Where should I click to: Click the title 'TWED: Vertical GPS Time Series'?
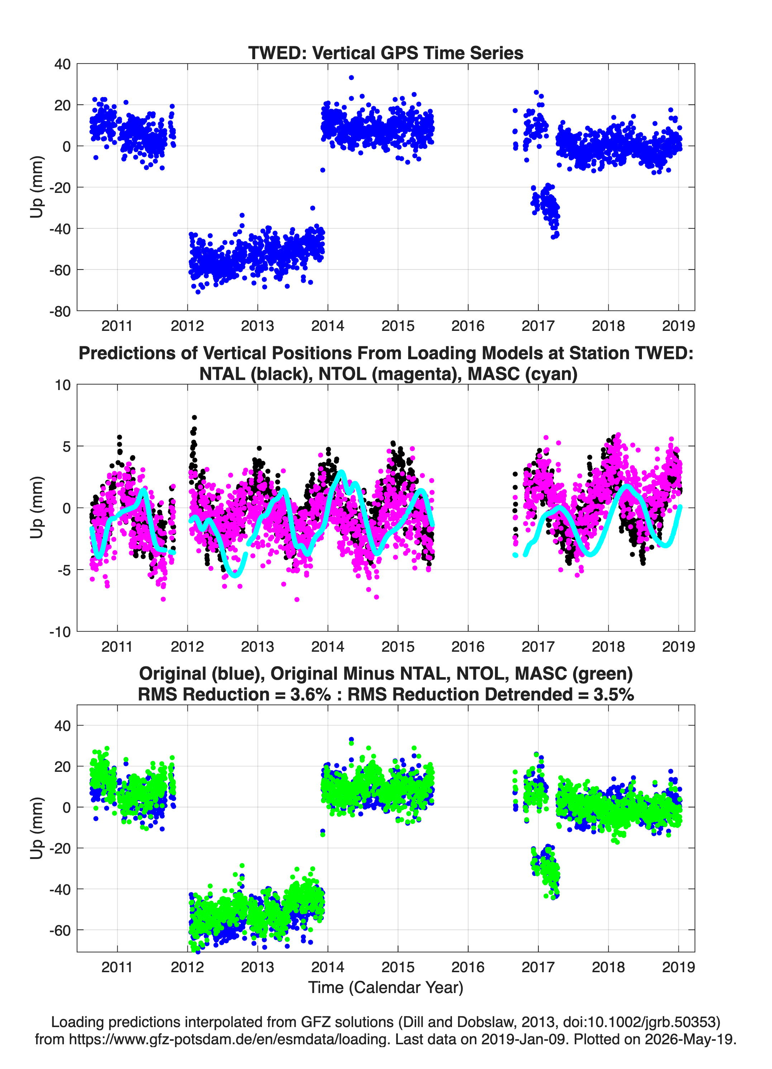pyautogui.click(x=386, y=53)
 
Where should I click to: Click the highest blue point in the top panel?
pyautogui.click(x=351, y=78)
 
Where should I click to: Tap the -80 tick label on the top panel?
pyautogui.click(x=60, y=311)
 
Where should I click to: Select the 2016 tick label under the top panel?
pyautogui.click(x=468, y=326)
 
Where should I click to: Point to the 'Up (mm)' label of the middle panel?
pyautogui.click(x=37, y=508)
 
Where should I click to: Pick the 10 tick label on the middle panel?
pyautogui.click(x=63, y=385)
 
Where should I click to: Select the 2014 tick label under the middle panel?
pyautogui.click(x=328, y=646)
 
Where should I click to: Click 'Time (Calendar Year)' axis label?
pyautogui.click(x=386, y=987)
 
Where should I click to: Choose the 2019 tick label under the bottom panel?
pyautogui.click(x=678, y=967)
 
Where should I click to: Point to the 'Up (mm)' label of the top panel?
pyautogui.click(x=37, y=187)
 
